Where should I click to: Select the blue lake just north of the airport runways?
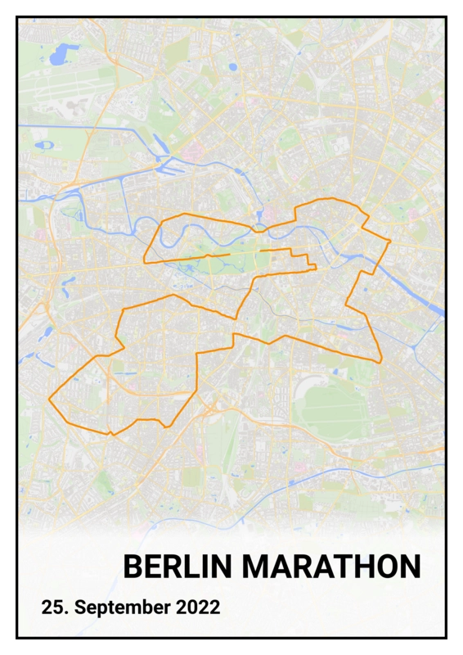pyautogui.click(x=61, y=57)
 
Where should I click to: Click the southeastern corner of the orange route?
pyautogui.click(x=380, y=360)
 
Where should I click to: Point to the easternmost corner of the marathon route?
pyautogui.click(x=391, y=242)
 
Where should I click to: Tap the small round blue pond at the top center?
pyautogui.click(x=232, y=67)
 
